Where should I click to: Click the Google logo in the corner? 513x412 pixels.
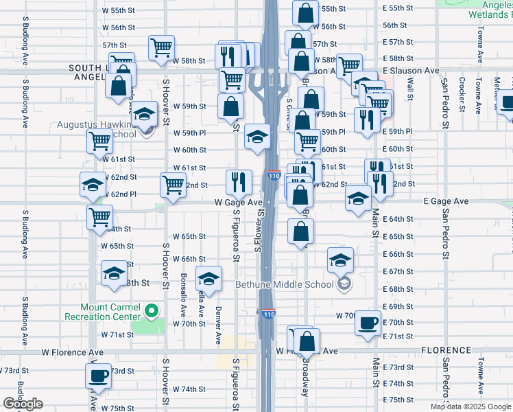pos(23,404)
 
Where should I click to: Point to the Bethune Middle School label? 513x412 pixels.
pos(286,284)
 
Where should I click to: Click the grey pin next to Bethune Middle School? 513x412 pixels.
pos(344,284)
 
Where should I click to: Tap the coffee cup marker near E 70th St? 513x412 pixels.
pos(368,322)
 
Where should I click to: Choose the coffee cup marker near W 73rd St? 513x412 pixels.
pos(98,376)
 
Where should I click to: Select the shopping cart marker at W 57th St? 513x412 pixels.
pos(161,48)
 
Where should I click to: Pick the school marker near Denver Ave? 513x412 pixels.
pos(208,279)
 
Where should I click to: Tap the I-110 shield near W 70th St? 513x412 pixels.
pos(267,313)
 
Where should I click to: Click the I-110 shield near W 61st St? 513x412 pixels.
pos(274,176)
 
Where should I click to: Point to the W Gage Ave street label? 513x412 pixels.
pos(238,203)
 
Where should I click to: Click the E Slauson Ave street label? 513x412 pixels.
pos(411,71)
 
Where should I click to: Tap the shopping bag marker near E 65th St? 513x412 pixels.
pos(300,231)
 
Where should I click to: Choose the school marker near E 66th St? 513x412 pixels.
pos(339,260)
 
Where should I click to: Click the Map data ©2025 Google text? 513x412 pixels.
pos(470,407)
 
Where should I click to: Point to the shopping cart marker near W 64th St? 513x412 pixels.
pos(100,217)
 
